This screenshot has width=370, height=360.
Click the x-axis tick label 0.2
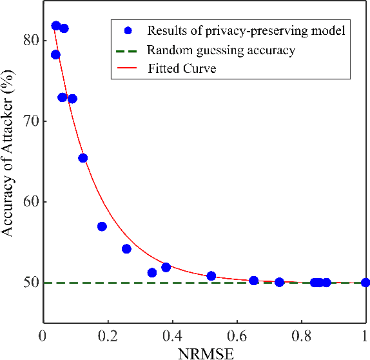pos(108,335)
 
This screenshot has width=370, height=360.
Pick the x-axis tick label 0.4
pos(172,335)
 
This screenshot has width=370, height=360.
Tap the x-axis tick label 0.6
pos(237,335)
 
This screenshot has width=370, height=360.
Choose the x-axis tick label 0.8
pos(301,335)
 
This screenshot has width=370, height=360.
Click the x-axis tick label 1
pos(365,335)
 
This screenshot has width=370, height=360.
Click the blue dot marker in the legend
pos(128,30)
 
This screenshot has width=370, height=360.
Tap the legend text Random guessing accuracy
pos(221,50)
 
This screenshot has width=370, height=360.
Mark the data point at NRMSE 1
pos(365,282)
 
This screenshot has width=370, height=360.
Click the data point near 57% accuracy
pos(102,226)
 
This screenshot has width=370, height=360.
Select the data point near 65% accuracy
pos(83,158)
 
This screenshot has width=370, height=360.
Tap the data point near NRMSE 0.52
pos(211,276)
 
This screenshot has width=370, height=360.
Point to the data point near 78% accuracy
pos(55,55)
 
